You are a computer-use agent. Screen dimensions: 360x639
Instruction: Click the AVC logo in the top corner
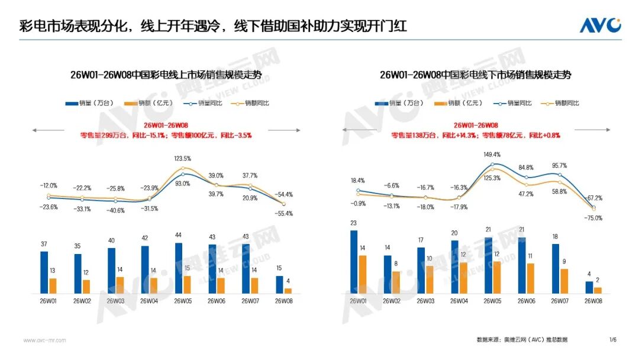(599, 25)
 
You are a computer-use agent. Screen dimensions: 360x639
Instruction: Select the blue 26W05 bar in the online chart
(179, 268)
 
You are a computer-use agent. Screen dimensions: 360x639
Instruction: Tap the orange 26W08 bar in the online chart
(288, 290)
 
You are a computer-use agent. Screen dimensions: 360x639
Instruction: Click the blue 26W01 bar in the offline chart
(354, 262)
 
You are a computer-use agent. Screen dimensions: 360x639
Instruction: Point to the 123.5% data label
(182, 159)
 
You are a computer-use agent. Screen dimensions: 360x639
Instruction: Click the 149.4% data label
(492, 155)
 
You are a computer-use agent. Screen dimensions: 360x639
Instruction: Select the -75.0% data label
(593, 218)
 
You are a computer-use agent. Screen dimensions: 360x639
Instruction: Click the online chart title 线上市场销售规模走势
(166, 75)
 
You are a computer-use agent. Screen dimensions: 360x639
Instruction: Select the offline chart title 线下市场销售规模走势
(476, 75)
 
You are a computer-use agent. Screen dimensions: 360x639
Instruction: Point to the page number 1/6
(613, 339)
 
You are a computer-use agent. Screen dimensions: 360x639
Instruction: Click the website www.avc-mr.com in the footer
(44, 340)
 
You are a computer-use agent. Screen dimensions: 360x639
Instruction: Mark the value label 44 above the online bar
(178, 235)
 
